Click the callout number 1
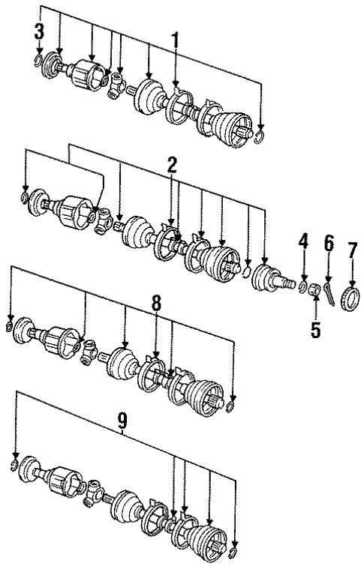point(176,42)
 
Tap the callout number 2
point(172,166)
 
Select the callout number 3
point(39,31)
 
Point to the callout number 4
point(303,241)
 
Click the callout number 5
point(316,328)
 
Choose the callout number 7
point(351,249)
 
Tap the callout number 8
point(155,304)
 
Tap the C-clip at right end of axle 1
point(260,135)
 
